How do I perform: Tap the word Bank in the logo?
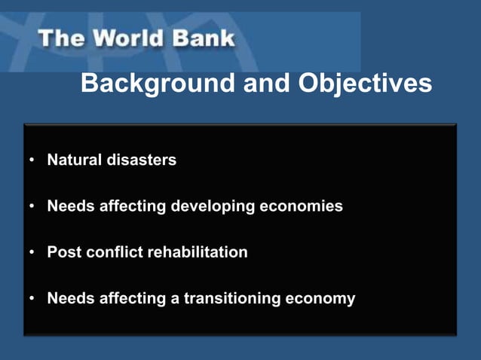[202, 38]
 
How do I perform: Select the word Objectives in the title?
[365, 84]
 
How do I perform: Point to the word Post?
[63, 252]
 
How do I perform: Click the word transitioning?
[229, 299]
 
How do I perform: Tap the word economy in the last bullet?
[320, 300]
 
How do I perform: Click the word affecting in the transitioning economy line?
[133, 299]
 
